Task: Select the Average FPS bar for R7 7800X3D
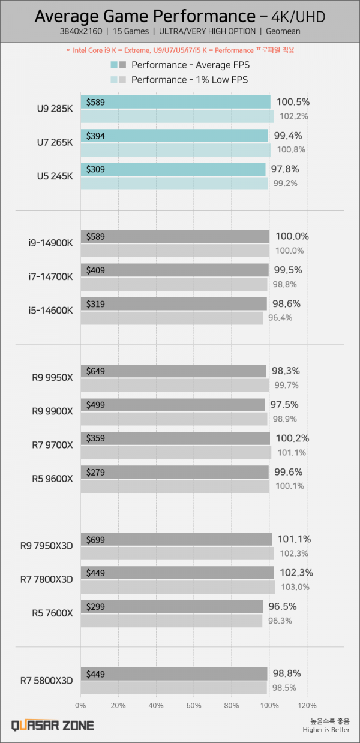point(176,573)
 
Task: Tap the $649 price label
point(95,371)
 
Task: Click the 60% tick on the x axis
point(193,705)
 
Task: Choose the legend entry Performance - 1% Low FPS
point(189,80)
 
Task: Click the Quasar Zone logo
point(53,725)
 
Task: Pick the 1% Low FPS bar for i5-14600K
point(171,318)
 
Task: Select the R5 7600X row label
point(53,613)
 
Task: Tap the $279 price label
point(95,472)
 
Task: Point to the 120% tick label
point(307,705)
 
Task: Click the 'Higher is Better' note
point(327,730)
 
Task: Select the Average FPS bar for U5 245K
point(172,170)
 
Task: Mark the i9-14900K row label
point(50,243)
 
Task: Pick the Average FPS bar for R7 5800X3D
point(173,674)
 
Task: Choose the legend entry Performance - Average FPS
point(190,65)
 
